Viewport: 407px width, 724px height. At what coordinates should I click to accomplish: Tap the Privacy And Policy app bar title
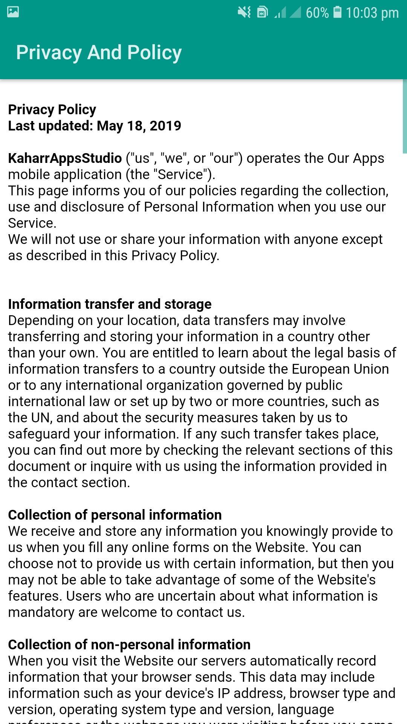(99, 52)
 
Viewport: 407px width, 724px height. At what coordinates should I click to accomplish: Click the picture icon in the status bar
(13, 12)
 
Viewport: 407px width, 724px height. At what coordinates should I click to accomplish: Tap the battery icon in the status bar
(338, 12)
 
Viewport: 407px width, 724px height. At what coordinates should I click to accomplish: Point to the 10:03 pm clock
(372, 13)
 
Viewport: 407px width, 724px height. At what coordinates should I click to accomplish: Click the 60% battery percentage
(317, 13)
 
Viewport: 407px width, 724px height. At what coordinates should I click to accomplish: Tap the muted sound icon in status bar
(244, 12)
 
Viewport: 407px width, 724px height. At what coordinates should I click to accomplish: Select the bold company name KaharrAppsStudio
(65, 158)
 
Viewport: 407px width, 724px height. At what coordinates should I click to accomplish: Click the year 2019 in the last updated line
(165, 126)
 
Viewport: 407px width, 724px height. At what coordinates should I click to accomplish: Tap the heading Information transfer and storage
(110, 304)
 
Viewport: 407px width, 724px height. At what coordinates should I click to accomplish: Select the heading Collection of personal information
(115, 515)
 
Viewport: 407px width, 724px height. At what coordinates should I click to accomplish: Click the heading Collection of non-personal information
(129, 644)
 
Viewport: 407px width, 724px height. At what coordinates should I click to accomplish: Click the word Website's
(346, 580)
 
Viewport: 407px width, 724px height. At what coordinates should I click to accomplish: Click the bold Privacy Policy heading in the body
(52, 109)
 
